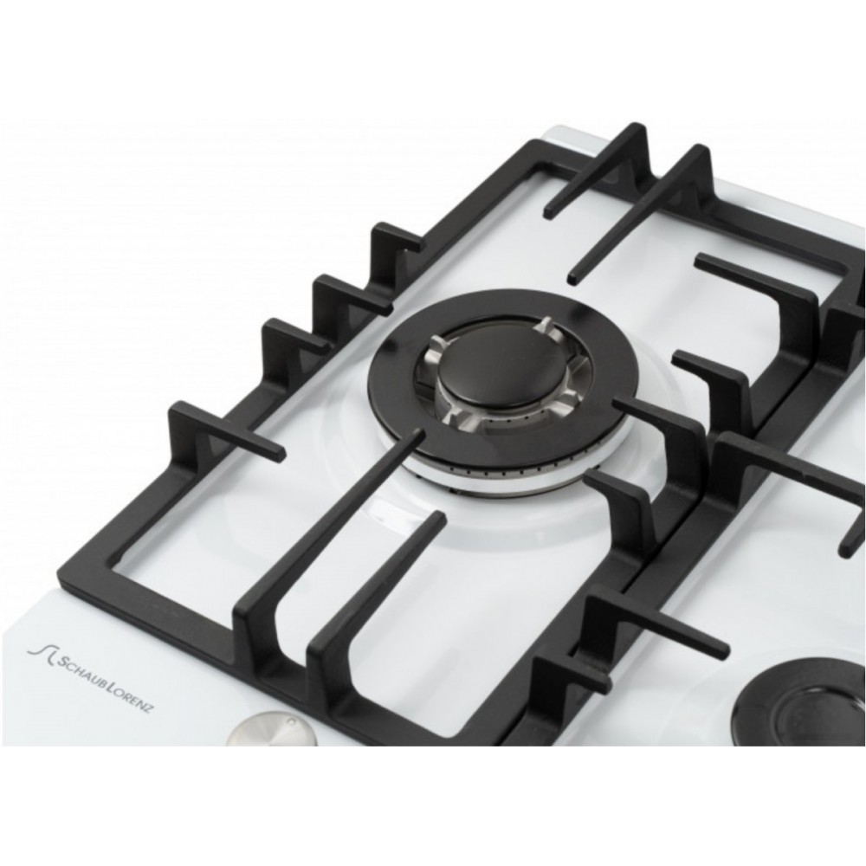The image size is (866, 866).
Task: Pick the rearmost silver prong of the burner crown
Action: click(545, 326)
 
